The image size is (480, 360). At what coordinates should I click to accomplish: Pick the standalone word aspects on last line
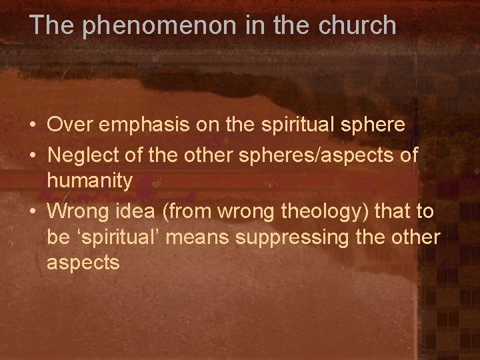click(83, 263)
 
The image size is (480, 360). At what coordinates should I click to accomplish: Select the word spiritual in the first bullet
click(295, 125)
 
